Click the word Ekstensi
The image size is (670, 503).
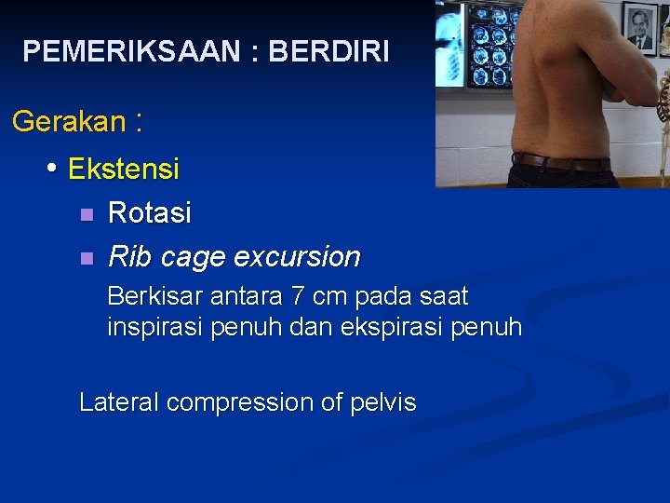[124, 170]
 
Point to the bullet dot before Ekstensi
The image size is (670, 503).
[53, 169]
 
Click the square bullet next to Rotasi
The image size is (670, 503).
[87, 214]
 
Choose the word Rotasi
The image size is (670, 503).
[150, 213]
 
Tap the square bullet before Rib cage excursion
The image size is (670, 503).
[87, 257]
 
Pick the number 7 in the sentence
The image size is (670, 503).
[297, 297]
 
